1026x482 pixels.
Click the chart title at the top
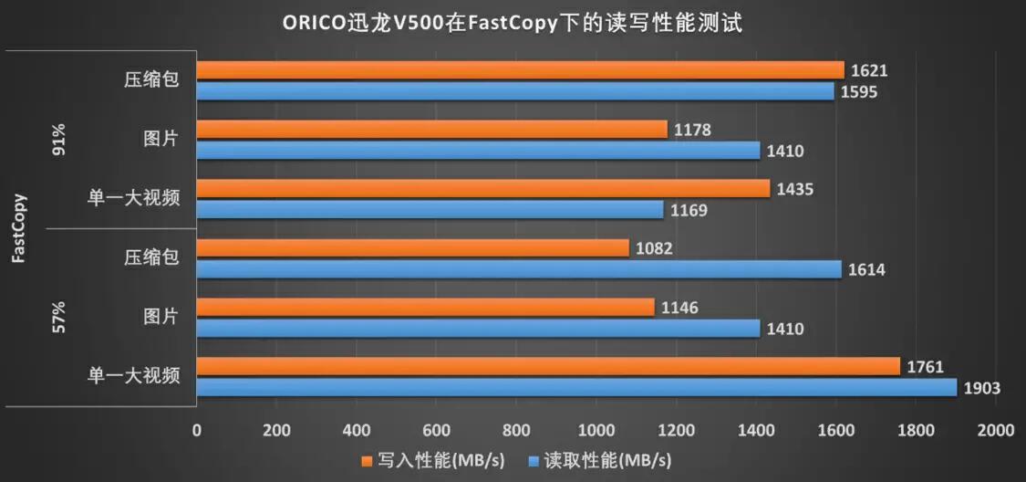[x=513, y=23]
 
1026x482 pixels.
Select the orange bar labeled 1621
[x=520, y=70]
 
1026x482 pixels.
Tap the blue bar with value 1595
[x=515, y=91]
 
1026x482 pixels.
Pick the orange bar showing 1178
[x=432, y=130]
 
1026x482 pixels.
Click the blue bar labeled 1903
[x=576, y=388]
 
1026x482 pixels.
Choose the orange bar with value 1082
[x=412, y=247]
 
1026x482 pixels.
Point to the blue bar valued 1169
[x=430, y=210]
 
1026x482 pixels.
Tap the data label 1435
[x=795, y=189]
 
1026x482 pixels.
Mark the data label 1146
[x=680, y=308]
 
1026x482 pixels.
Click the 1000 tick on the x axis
[x=596, y=430]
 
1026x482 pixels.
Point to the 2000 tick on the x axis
[x=995, y=430]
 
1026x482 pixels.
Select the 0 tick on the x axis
[x=196, y=430]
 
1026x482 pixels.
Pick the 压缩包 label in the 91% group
[x=151, y=80]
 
